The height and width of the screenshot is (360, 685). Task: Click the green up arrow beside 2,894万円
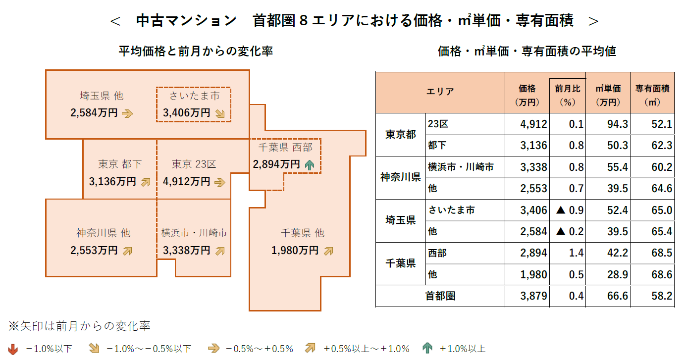click(310, 164)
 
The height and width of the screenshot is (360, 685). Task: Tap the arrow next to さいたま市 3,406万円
click(220, 113)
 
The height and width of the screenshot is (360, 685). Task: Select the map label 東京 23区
click(194, 164)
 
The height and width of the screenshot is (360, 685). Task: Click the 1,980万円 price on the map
click(295, 251)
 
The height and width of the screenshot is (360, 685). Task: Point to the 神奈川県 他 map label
click(103, 233)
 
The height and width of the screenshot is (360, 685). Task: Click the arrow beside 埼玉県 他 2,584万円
click(127, 113)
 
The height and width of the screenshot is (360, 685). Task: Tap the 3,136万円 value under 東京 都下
click(112, 182)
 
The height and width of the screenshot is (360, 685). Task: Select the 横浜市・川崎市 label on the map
click(194, 233)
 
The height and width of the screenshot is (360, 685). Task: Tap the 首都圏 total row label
click(440, 296)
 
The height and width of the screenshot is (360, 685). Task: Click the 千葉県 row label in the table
click(400, 263)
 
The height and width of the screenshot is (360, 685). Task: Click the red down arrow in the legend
click(13, 349)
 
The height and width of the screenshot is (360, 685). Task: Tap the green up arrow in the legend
click(427, 349)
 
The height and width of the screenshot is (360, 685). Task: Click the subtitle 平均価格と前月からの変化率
click(196, 51)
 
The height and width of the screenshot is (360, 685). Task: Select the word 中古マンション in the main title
click(186, 21)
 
